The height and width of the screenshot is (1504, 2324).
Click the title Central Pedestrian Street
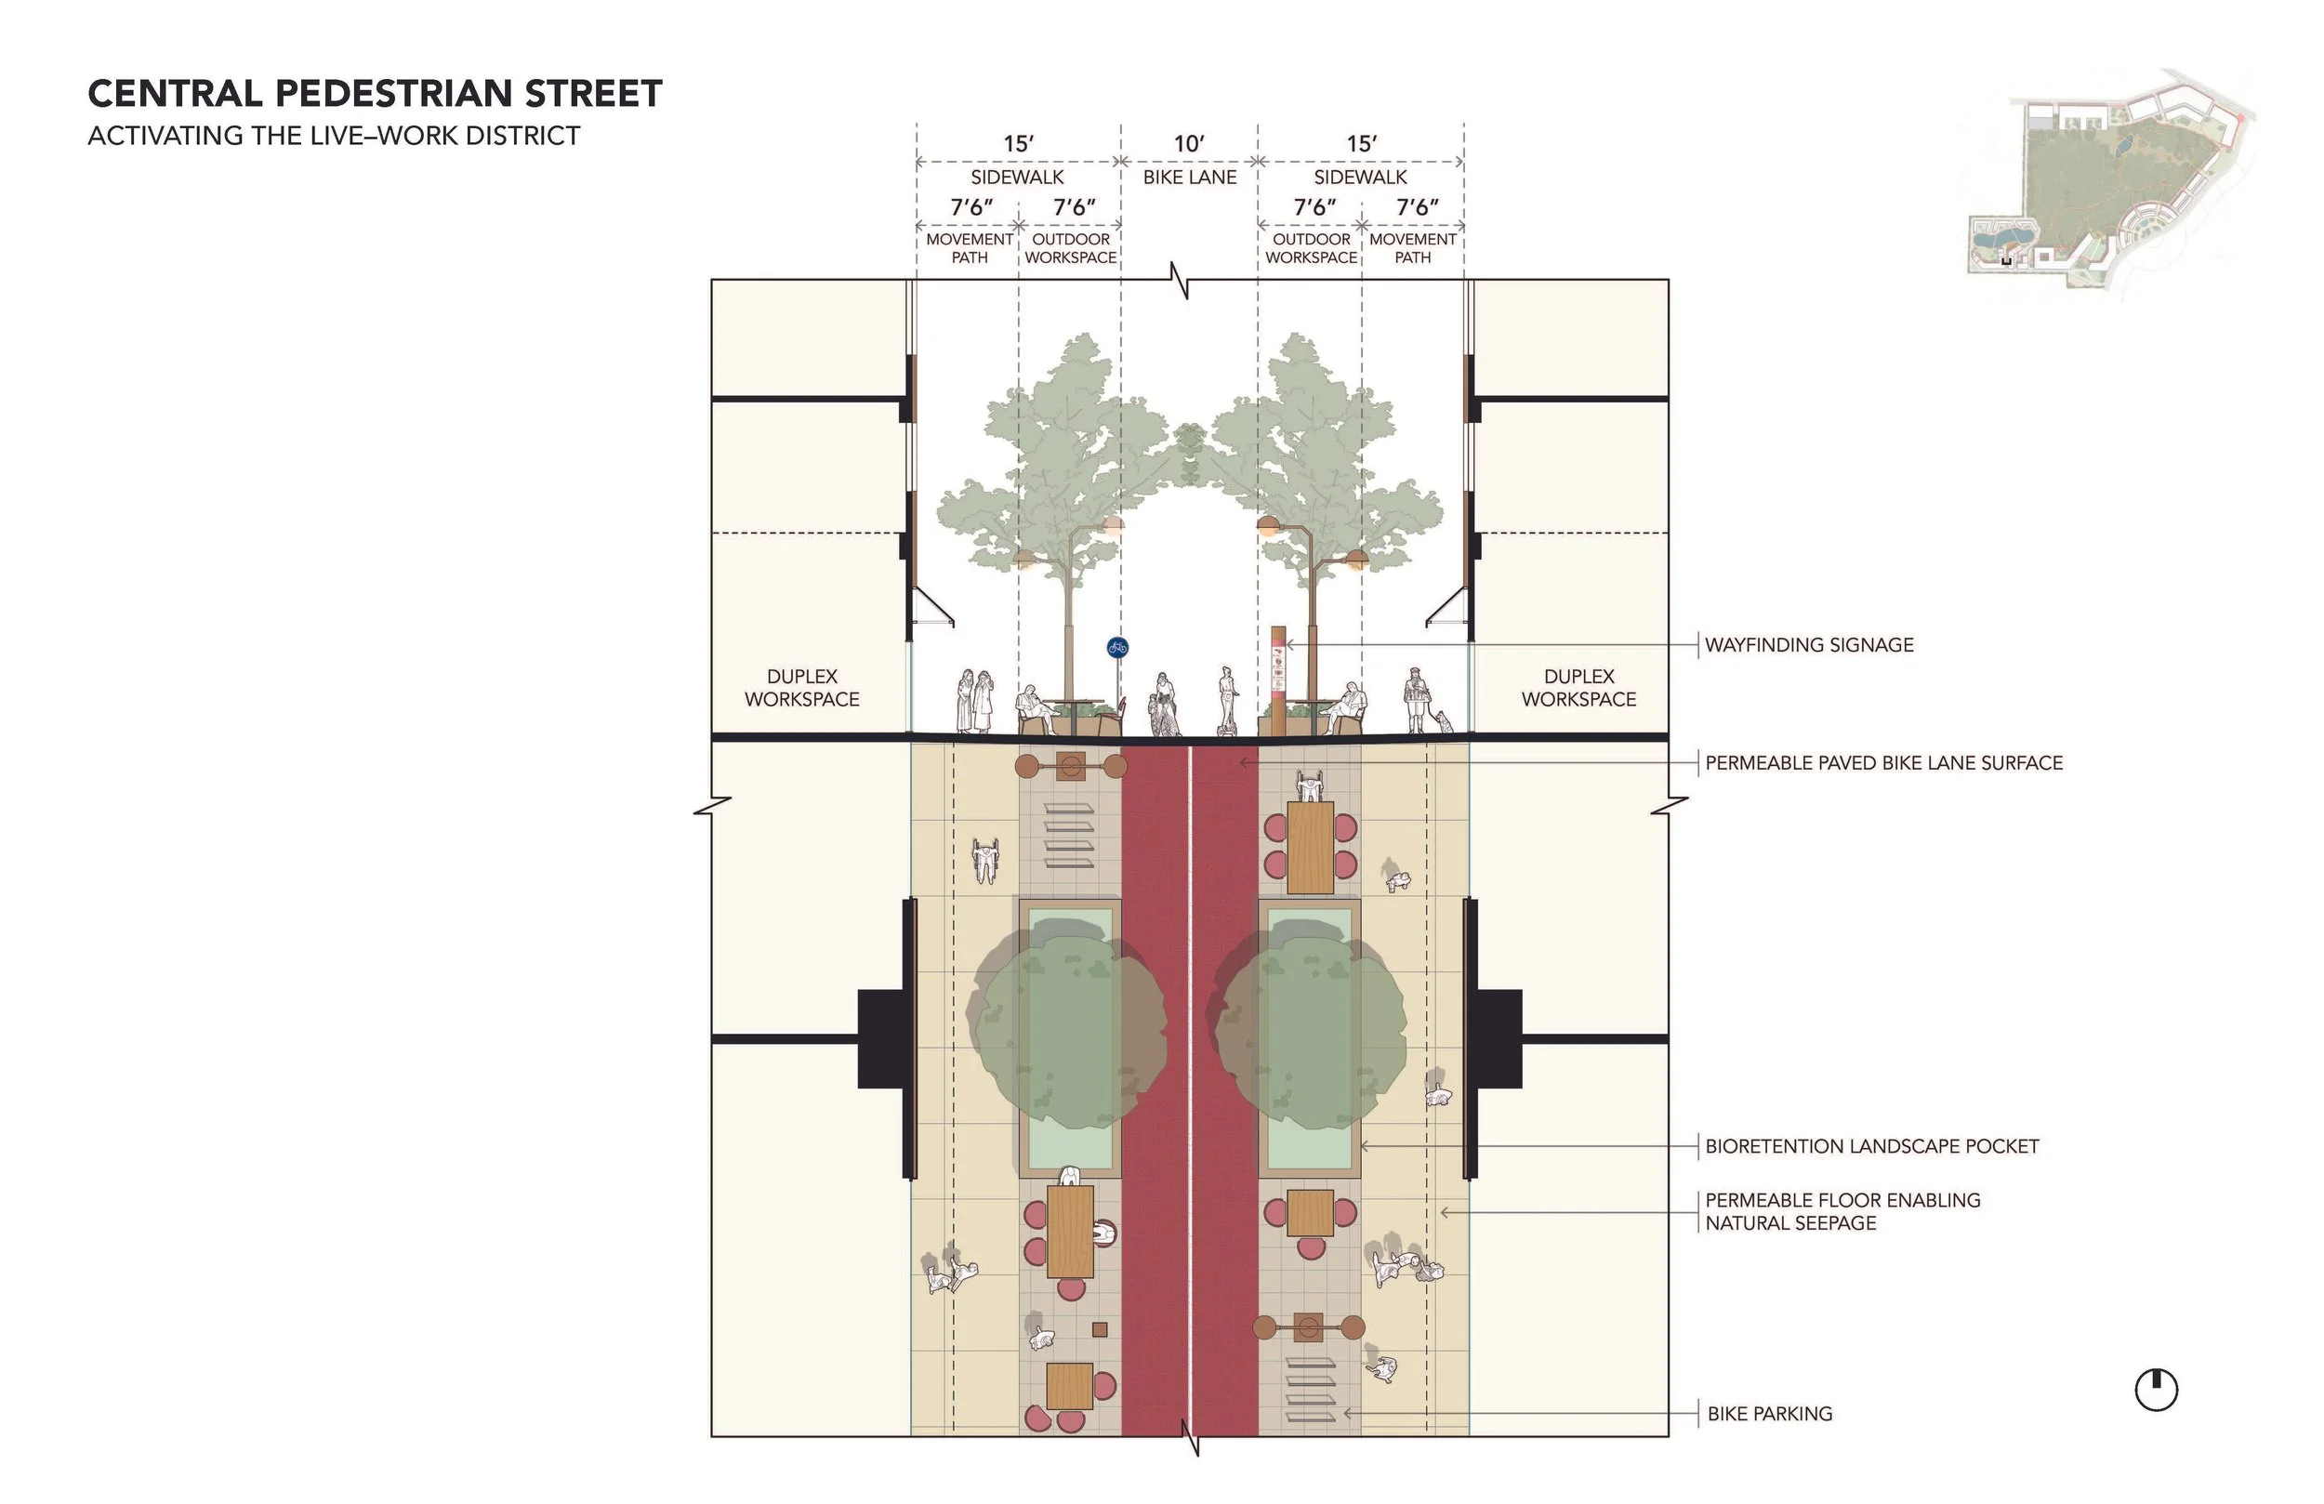pos(375,94)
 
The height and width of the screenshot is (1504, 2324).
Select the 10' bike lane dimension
pos(1188,143)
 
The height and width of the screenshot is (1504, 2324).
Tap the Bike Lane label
pos(1189,177)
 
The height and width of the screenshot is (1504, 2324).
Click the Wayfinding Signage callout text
pos(1808,644)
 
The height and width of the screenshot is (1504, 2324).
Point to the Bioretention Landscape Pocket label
pos(1871,1145)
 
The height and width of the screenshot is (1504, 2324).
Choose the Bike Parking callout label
pos(1769,1413)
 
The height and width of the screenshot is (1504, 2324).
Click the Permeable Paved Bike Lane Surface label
pos(1883,763)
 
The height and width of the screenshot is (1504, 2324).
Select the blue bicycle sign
pos(1117,647)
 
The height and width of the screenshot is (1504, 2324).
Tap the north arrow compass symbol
pos(2156,1390)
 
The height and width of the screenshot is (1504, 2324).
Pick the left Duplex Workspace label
pos(801,688)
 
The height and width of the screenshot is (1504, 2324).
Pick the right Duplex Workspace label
pos(1578,688)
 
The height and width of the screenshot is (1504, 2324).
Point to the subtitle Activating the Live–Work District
pos(334,136)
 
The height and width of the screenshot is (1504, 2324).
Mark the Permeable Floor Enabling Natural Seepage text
pos(1842,1211)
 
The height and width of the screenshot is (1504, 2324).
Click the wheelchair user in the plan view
pos(985,860)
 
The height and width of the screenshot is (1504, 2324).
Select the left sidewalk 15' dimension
pos(1018,143)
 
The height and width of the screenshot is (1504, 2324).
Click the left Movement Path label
pos(969,248)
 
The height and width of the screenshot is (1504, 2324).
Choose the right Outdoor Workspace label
pos(1311,248)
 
